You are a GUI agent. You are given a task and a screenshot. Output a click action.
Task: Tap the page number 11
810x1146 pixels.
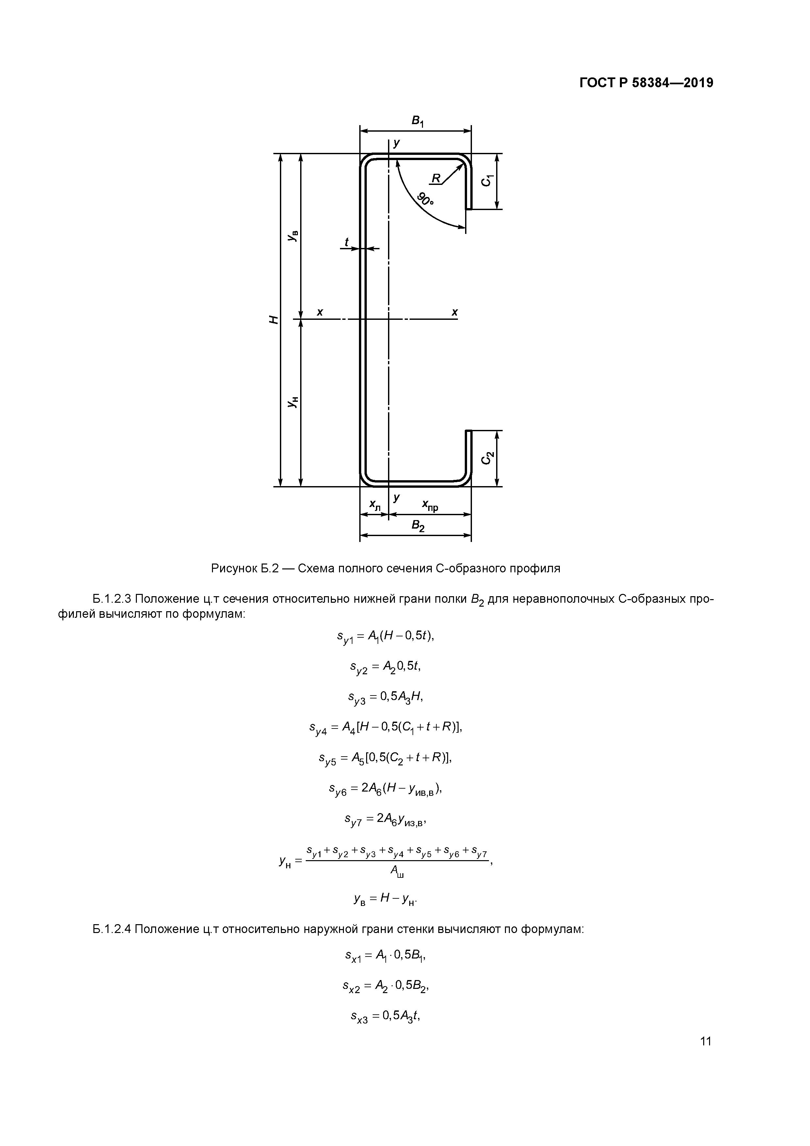[705, 1041]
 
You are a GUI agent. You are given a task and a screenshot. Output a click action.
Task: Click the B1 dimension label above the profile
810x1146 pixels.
[417, 121]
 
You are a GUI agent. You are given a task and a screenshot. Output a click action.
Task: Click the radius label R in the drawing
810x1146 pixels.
[436, 178]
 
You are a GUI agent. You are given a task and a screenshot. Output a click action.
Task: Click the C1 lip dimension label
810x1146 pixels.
[487, 180]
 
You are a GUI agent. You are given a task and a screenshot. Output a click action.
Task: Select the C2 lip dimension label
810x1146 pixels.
[487, 458]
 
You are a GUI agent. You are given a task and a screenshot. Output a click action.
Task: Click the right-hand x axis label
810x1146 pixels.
[455, 312]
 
